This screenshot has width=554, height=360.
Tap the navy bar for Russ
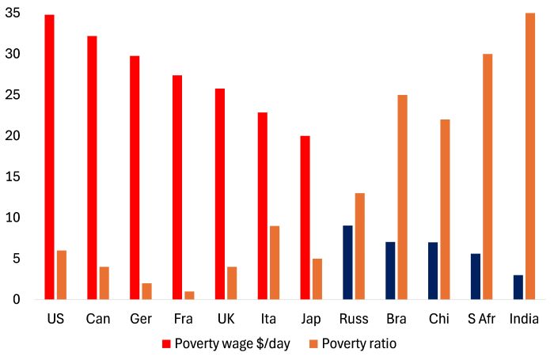pyautogui.click(x=348, y=263)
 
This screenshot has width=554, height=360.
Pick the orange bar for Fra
pyautogui.click(x=190, y=295)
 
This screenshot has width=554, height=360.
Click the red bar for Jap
pyautogui.click(x=305, y=218)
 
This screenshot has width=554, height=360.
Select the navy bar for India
pyautogui.click(x=518, y=287)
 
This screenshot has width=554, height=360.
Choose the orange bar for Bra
pyautogui.click(x=403, y=197)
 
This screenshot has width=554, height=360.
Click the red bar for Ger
pyautogui.click(x=135, y=177)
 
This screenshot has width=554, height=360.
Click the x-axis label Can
pyautogui.click(x=98, y=319)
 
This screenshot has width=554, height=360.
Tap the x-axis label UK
pyautogui.click(x=226, y=319)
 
